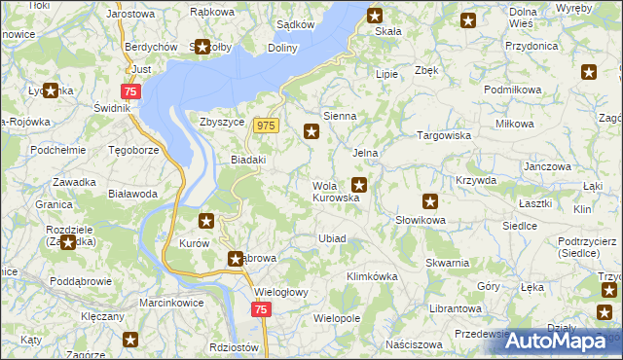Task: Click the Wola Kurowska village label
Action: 336,192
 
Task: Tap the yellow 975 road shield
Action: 268,126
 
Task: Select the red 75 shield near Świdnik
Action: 132,90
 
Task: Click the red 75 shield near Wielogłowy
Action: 260,309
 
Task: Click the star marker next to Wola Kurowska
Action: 359,184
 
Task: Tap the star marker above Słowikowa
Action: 430,202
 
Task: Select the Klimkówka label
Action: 373,276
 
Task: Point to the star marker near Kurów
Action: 205,221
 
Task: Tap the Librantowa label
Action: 456,308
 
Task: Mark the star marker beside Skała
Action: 376,15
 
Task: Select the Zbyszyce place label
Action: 220,122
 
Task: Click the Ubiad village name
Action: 332,238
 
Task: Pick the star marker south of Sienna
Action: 311,132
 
